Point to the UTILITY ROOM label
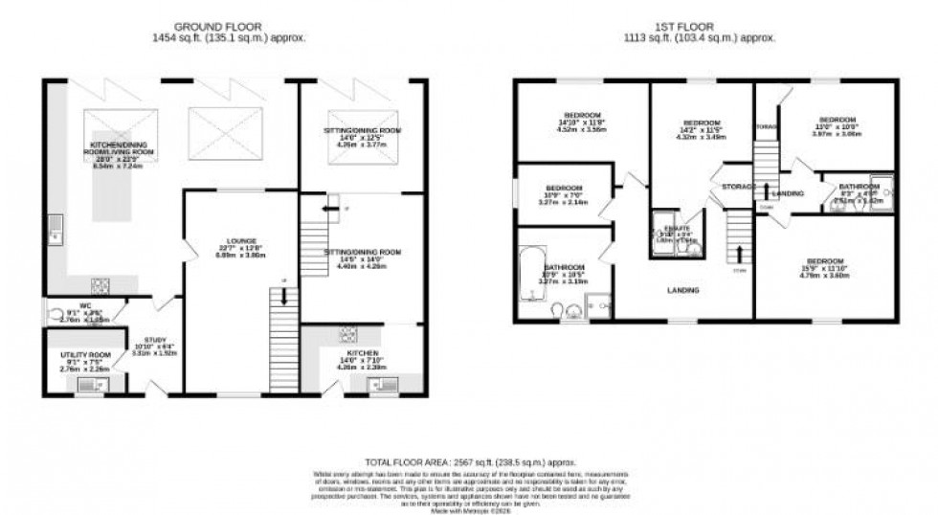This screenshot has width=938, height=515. click(87, 358)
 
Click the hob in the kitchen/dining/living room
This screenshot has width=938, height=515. click(100, 283)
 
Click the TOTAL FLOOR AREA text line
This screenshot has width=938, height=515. click(468, 459)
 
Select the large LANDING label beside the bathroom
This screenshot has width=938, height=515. click(682, 290)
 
